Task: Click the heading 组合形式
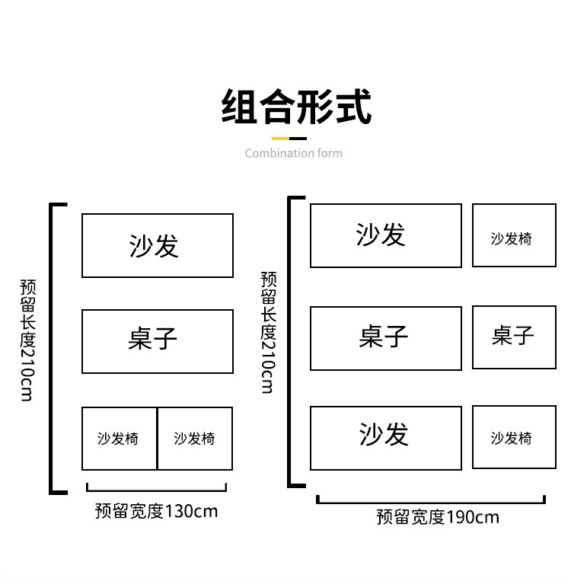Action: [x=296, y=107]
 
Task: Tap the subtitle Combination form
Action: [x=293, y=153]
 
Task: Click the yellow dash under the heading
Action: [x=280, y=139]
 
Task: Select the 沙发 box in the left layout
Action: [x=157, y=245]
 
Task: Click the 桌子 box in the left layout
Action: [x=157, y=341]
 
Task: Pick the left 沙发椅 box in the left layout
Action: [x=119, y=439]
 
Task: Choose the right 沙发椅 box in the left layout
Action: [x=195, y=439]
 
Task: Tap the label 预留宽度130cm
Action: [x=156, y=511]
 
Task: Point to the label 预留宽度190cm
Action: [x=438, y=518]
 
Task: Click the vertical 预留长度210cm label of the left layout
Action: [x=27, y=340]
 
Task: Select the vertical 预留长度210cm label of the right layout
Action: [x=268, y=333]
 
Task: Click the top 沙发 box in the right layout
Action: [x=385, y=235]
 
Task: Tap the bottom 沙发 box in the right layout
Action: [x=385, y=438]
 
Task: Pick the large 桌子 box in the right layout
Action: [x=385, y=338]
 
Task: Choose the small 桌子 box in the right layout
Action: [x=514, y=337]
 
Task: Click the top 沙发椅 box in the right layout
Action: [x=514, y=235]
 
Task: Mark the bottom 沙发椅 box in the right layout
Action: [x=514, y=437]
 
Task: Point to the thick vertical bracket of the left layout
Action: [x=53, y=348]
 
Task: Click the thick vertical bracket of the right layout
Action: [x=290, y=341]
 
